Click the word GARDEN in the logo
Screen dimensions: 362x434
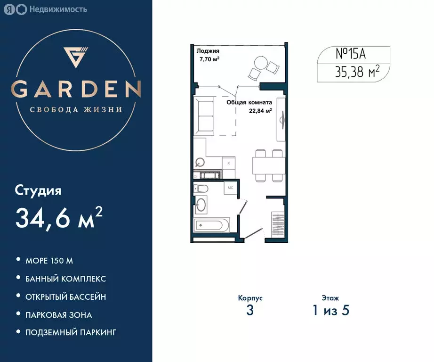76,89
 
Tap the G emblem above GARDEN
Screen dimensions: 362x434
76,57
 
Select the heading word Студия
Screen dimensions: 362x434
38,191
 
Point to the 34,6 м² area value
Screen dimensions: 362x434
59,217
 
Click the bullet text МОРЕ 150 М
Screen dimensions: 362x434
49,260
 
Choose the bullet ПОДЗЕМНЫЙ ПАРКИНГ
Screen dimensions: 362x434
71,332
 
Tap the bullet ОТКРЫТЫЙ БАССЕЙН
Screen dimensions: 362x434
65,297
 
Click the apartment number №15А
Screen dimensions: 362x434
350,54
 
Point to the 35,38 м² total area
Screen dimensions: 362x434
357,72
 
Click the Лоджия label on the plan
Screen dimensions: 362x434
208,51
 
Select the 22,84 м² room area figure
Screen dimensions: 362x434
260,111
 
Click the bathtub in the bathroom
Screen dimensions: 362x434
211,225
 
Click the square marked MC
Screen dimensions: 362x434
231,188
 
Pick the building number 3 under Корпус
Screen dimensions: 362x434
250,311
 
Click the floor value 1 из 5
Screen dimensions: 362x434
330,311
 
